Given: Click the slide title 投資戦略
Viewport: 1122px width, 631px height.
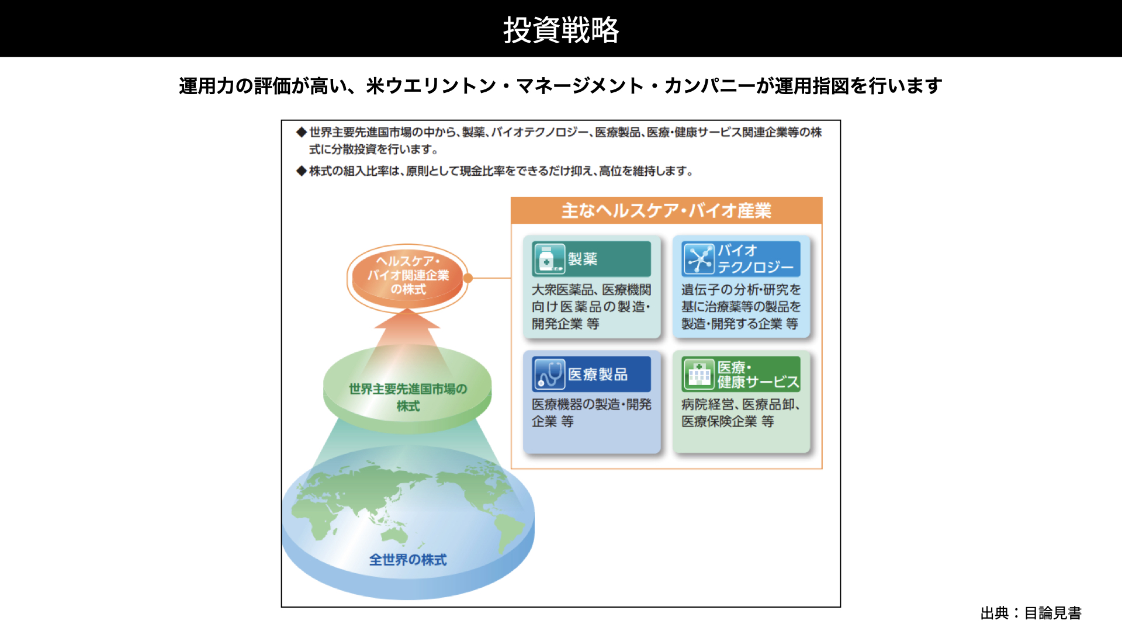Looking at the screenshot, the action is (561, 29).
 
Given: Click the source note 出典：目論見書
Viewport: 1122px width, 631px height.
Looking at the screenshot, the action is (1031, 613).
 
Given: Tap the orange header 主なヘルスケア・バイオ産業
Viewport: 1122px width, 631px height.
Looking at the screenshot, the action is (666, 210).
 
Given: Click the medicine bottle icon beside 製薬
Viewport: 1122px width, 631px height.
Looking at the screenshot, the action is (548, 258).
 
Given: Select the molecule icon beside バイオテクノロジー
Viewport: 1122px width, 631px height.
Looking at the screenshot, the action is (698, 259).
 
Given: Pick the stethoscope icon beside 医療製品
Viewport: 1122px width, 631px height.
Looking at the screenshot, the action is (549, 374).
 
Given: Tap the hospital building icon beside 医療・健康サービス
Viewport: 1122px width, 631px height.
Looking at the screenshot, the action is (698, 374).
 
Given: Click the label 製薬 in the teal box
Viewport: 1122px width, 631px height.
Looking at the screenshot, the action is (583, 259).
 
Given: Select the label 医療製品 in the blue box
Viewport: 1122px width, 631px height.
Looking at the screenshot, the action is (598, 375).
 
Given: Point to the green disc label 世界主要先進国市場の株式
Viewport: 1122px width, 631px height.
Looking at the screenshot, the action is (408, 397).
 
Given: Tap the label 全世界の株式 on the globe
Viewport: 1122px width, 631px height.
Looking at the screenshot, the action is (408, 560).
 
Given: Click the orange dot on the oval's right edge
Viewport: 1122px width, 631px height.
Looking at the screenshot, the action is (467, 278).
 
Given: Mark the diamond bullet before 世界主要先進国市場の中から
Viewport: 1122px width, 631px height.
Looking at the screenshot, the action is (302, 132).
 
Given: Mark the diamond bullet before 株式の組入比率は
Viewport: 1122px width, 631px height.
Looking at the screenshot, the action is (302, 171).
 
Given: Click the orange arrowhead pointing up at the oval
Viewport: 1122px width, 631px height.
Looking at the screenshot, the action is (407, 318).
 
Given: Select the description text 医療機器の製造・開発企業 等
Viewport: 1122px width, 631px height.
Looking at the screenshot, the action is (591, 412).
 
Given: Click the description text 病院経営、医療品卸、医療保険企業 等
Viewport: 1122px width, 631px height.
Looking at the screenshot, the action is (740, 412).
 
